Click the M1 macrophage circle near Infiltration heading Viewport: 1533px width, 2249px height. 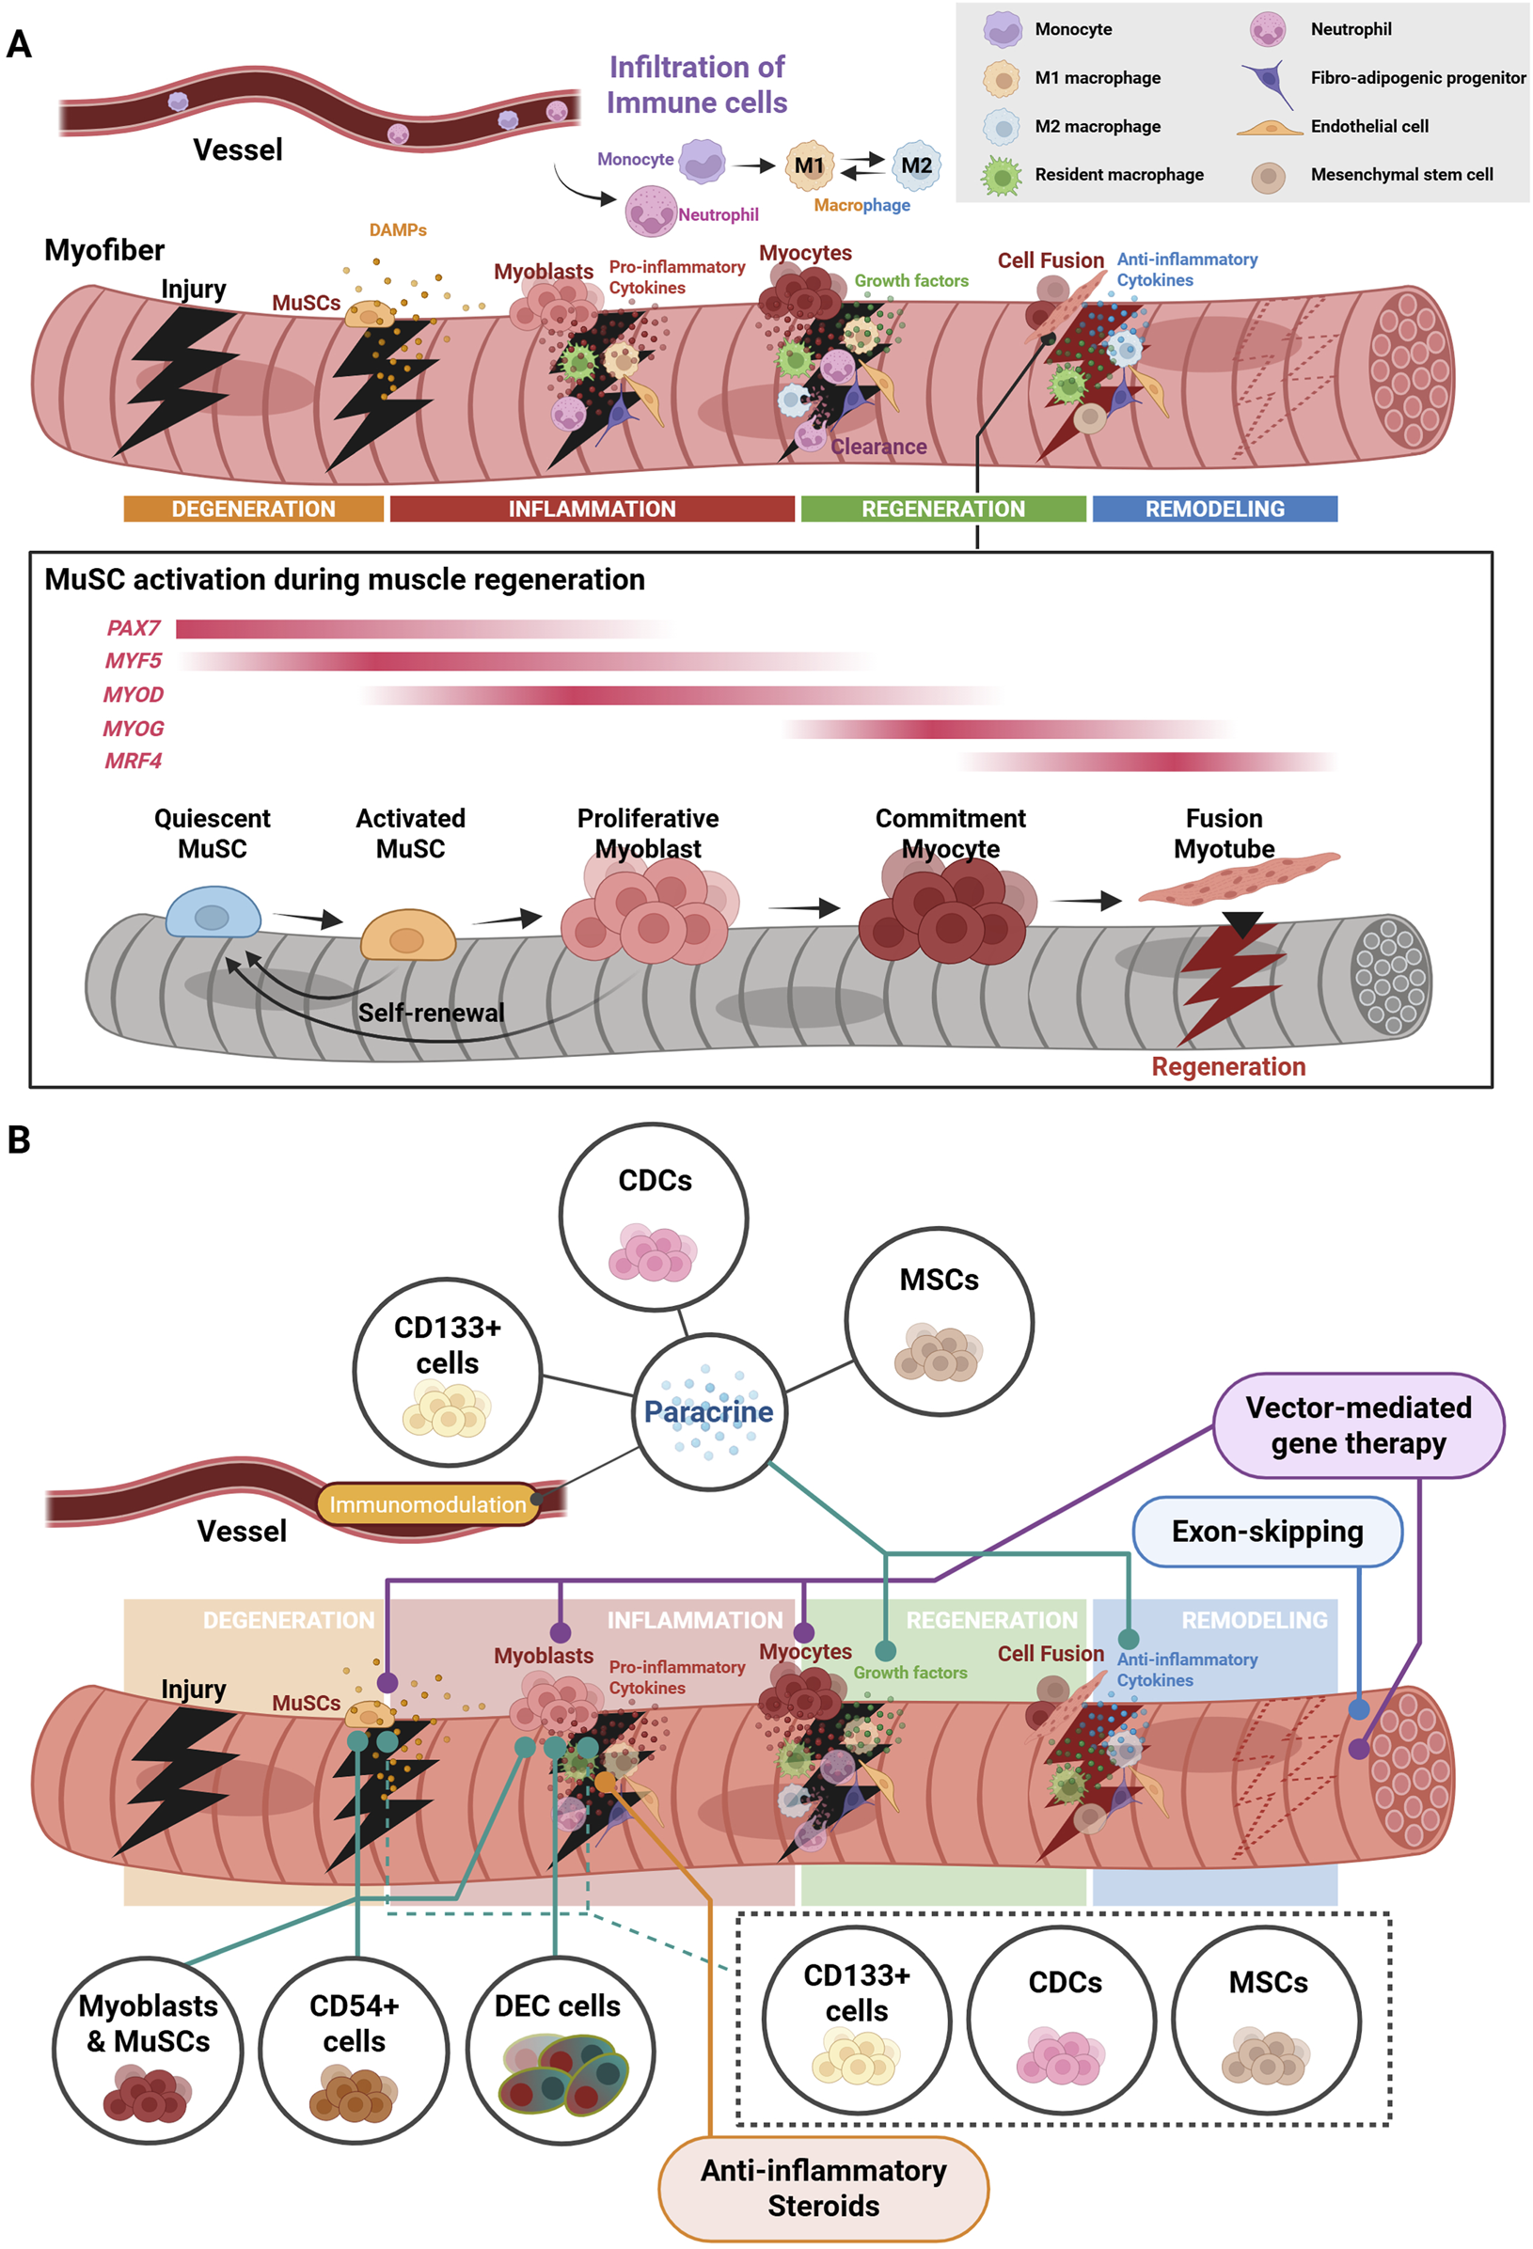click(809, 165)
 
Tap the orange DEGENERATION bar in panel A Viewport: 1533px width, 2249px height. click(254, 509)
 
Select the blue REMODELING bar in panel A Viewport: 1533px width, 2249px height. click(1214, 509)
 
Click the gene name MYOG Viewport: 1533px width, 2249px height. click(134, 729)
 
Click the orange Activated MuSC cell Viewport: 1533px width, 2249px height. click(407, 935)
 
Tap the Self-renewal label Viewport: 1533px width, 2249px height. click(432, 1014)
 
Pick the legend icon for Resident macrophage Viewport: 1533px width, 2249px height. click(1002, 176)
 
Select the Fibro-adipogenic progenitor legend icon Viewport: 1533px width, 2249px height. click(1269, 81)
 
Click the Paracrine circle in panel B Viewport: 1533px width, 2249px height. click(709, 1412)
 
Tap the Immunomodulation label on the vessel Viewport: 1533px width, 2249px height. click(428, 1504)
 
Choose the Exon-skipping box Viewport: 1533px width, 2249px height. click(1267, 1532)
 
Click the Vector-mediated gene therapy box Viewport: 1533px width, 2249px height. click(1358, 1425)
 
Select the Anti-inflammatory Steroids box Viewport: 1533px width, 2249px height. click(824, 2188)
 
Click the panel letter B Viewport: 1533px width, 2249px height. click(19, 1140)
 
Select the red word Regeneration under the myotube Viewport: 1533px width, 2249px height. click(1228, 1066)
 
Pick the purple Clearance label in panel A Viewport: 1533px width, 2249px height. click(878, 448)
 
